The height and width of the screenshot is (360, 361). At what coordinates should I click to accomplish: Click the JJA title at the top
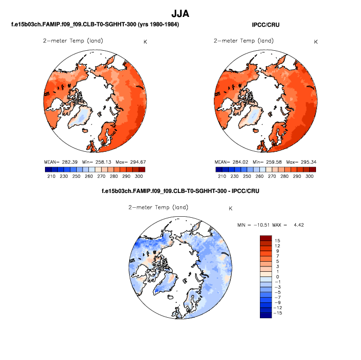180,13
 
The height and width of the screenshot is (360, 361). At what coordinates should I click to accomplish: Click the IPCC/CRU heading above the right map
266,24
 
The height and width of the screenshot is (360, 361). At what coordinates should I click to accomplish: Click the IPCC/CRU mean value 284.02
241,161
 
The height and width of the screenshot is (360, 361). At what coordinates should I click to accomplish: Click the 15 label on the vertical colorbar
277,241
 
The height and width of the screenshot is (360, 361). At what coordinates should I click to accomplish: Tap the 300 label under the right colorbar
310,176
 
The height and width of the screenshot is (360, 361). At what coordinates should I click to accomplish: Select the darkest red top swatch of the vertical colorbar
265,238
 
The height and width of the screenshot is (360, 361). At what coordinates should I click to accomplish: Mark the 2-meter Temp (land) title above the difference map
158,207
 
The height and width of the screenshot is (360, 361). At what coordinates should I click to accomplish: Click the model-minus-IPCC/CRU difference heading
180,190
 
